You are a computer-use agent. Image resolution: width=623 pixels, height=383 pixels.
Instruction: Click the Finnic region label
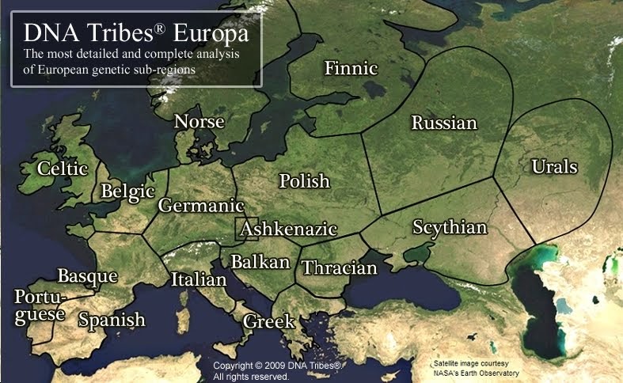click(351, 69)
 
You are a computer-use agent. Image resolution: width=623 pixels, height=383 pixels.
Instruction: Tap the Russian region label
click(444, 123)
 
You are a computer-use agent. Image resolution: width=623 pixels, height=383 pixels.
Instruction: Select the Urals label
click(554, 167)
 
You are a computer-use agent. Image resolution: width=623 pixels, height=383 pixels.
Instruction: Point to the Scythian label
click(450, 228)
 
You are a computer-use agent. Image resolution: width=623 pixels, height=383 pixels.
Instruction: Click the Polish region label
click(304, 181)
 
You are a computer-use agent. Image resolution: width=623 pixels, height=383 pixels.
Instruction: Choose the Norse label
click(199, 122)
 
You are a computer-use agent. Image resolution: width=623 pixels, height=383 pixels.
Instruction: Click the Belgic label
click(127, 191)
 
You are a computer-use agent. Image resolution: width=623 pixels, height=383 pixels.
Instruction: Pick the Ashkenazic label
click(289, 229)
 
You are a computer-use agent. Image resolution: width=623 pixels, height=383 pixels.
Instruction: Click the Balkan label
click(260, 262)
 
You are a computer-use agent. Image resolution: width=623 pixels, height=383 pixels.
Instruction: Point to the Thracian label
click(340, 268)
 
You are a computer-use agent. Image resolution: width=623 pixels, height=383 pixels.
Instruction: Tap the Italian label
click(199, 279)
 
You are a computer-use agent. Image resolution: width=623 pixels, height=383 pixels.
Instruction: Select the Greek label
click(269, 322)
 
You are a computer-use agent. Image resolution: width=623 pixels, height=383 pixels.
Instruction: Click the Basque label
click(87, 276)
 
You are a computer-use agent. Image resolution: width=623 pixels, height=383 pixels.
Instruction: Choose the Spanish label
click(112, 320)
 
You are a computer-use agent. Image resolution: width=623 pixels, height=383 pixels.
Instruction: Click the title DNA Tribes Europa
click(136, 34)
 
